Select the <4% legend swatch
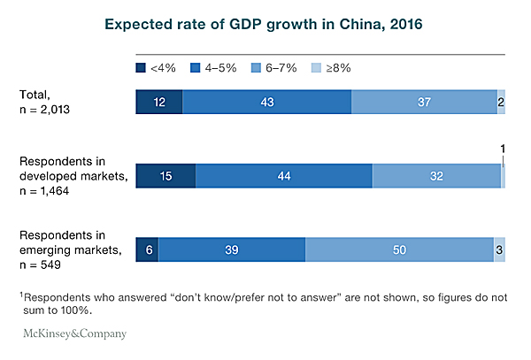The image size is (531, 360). pyautogui.click(x=141, y=67)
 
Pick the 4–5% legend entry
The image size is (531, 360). pyautogui.click(x=211, y=67)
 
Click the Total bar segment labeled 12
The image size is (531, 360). pyautogui.click(x=159, y=103)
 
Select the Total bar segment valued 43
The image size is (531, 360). pyautogui.click(x=266, y=103)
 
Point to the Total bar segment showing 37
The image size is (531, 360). pyautogui.click(x=424, y=103)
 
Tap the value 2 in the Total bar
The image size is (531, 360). pyautogui.click(x=501, y=103)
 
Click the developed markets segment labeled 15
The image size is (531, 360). pyautogui.click(x=165, y=176)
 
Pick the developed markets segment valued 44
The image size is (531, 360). pyautogui.click(x=283, y=176)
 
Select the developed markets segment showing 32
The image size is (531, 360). pyautogui.click(x=436, y=176)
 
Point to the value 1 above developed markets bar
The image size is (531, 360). pyautogui.click(x=503, y=149)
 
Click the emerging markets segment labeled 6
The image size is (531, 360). pyautogui.click(x=147, y=250)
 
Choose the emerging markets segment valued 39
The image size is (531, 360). pyautogui.click(x=231, y=250)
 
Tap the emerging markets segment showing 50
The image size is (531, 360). pyautogui.click(x=399, y=250)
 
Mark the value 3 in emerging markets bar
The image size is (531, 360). pyautogui.click(x=499, y=250)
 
